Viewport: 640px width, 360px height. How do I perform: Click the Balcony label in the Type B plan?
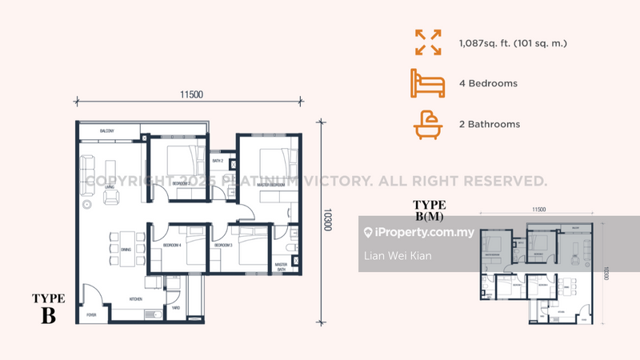(x=109, y=130)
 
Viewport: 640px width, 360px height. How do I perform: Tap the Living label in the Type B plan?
(x=109, y=187)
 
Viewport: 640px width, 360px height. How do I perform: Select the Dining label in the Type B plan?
(x=126, y=250)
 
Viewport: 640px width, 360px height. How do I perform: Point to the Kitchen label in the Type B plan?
(x=136, y=299)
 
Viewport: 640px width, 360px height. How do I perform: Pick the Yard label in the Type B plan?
(x=175, y=307)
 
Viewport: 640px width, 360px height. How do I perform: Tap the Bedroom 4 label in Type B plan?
(x=172, y=245)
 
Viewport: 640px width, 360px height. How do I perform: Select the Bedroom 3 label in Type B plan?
(x=223, y=245)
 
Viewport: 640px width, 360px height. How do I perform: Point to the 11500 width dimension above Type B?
(x=191, y=94)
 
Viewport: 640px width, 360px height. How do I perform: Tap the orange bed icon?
(x=427, y=83)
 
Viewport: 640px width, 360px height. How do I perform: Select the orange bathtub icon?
(x=427, y=124)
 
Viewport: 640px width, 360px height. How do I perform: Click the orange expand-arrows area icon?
(x=427, y=42)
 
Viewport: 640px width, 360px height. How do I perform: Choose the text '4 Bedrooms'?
(x=489, y=83)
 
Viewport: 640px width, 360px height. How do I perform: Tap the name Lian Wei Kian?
(x=398, y=255)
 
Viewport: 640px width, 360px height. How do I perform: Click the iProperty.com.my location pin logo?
(x=368, y=233)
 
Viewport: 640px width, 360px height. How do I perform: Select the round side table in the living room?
(x=87, y=205)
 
